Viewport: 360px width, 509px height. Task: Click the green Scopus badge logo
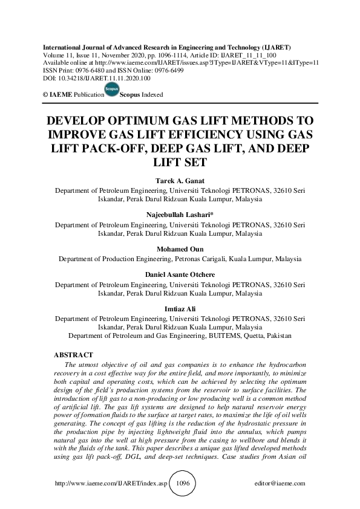click(x=111, y=89)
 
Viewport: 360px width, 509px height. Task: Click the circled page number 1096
click(x=182, y=484)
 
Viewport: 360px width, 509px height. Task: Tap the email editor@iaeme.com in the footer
click(x=281, y=484)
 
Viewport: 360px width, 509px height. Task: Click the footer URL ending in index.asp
click(x=111, y=484)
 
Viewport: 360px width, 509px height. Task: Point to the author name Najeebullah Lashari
click(x=180, y=215)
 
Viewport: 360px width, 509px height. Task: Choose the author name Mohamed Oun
click(x=180, y=248)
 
